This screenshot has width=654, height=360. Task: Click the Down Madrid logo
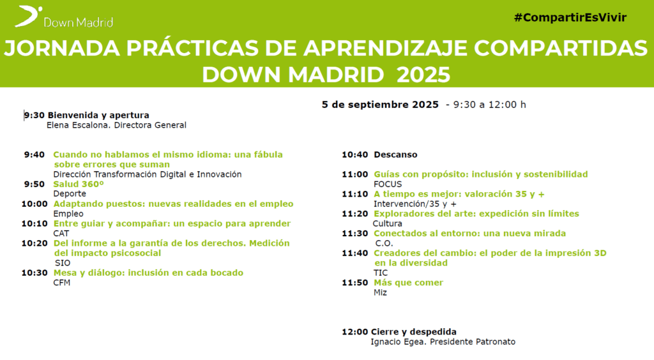click(64, 17)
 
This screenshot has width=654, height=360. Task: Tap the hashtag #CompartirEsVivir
click(570, 17)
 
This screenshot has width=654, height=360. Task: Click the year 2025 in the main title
click(423, 75)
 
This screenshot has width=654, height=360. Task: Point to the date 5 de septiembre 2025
click(380, 105)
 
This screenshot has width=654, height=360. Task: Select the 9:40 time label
click(34, 154)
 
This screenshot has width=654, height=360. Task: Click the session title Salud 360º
click(79, 184)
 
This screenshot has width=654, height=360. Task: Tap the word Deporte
click(70, 194)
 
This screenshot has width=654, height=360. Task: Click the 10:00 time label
click(34, 204)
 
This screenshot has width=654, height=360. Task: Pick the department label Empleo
click(68, 214)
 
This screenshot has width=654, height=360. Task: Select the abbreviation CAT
click(61, 234)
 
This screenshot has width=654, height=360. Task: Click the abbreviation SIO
click(63, 263)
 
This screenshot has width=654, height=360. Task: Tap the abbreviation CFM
click(62, 283)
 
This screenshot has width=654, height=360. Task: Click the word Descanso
click(395, 154)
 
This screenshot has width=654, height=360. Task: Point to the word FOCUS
click(388, 184)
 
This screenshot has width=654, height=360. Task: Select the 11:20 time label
click(355, 214)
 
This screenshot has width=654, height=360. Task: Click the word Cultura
click(388, 223)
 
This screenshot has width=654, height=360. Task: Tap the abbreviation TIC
click(381, 273)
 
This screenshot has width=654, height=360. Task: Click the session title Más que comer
click(408, 283)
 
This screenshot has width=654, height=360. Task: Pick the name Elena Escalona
click(79, 125)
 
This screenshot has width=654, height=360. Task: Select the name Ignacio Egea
click(399, 342)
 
